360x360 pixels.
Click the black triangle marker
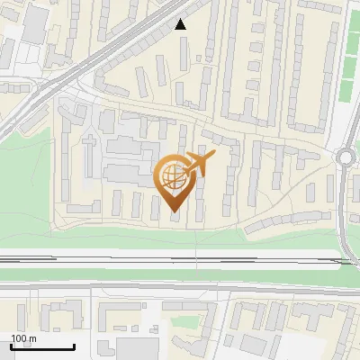(181, 25)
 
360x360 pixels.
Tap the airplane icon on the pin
(197, 164)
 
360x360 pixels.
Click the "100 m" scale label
(24, 338)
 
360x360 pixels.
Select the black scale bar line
(42, 346)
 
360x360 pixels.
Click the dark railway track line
(180, 259)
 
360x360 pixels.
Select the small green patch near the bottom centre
(184, 319)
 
